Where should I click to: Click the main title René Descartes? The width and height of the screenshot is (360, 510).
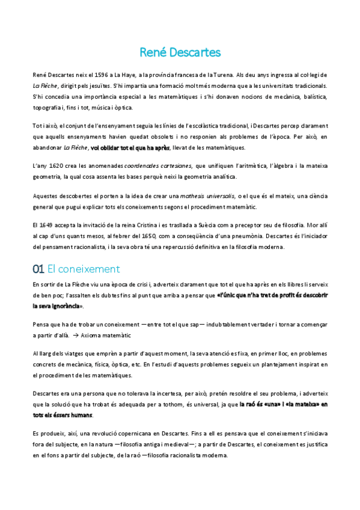(180, 52)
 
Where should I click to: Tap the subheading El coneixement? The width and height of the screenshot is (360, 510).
(84, 269)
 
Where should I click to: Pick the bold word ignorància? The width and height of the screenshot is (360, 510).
(64, 306)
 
